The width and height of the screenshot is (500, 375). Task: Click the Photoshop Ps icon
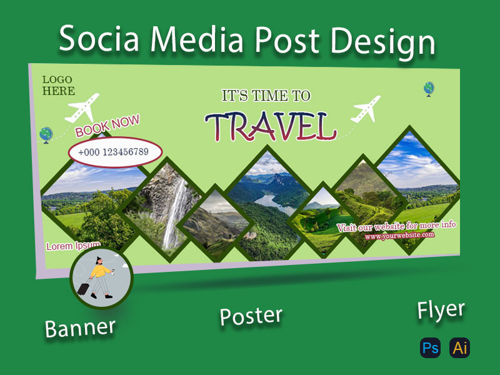(430, 348)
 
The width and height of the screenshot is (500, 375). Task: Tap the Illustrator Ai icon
(461, 348)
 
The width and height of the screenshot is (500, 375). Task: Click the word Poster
(251, 316)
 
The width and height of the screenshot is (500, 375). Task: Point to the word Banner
(80, 327)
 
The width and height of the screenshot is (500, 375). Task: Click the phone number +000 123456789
(114, 152)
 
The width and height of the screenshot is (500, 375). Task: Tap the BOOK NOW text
(107, 126)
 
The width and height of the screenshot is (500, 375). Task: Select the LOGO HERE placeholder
(58, 85)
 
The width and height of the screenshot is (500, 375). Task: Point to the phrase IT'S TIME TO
(266, 96)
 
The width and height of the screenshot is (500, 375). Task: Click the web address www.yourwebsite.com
(399, 235)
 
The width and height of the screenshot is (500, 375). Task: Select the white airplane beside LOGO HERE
(82, 108)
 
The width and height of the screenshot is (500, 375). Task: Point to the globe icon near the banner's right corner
(429, 89)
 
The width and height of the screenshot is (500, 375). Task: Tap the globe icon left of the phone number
(46, 134)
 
